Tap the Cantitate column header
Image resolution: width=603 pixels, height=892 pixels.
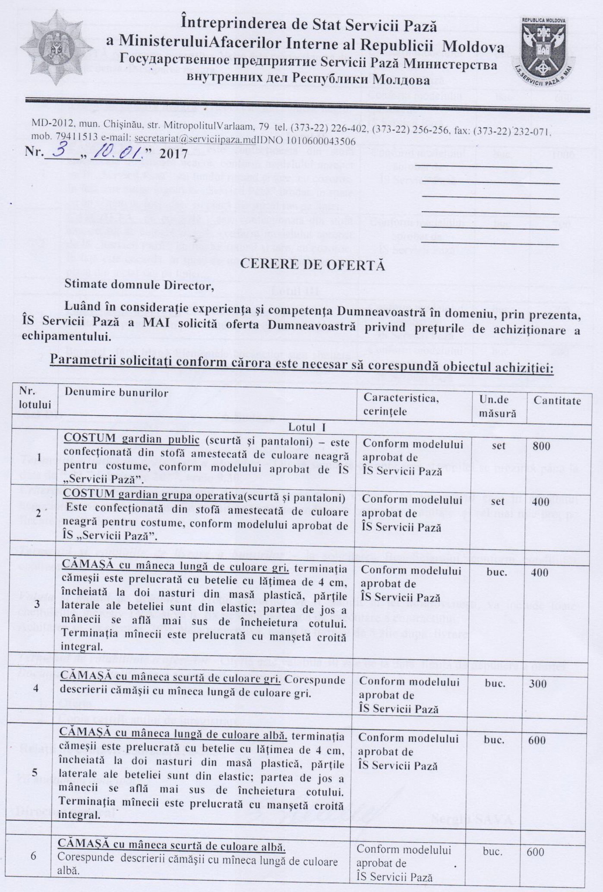pyautogui.click(x=557, y=400)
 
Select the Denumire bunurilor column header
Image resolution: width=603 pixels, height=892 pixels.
pyautogui.click(x=116, y=393)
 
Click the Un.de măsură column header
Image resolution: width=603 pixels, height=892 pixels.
pyautogui.click(x=498, y=406)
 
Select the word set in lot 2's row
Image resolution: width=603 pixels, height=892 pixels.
pyautogui.click(x=498, y=502)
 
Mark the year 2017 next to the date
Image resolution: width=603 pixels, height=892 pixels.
pyautogui.click(x=174, y=153)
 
